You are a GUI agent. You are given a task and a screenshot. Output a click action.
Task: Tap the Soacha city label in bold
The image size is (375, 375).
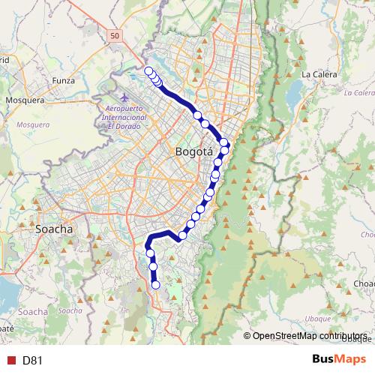(54, 229)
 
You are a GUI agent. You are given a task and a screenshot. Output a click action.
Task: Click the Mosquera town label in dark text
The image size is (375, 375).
(25, 99)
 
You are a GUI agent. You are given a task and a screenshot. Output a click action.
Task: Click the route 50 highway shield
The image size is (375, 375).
(113, 35)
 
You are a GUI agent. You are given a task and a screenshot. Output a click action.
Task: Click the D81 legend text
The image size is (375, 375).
(32, 360)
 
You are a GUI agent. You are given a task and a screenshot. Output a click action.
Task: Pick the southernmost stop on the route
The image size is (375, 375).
(156, 284)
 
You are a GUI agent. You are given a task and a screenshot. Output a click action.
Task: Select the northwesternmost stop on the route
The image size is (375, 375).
(148, 71)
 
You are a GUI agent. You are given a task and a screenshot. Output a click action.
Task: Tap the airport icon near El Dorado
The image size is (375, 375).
(124, 98)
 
